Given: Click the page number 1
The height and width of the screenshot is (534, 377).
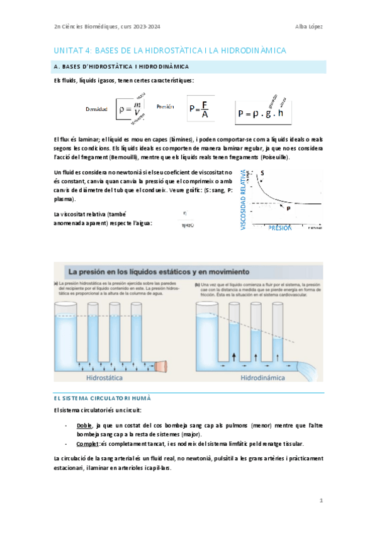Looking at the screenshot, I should click(320, 501).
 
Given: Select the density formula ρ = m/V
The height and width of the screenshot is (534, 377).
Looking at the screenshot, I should click(130, 110).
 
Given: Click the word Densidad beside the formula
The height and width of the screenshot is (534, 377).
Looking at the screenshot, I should click(96, 109).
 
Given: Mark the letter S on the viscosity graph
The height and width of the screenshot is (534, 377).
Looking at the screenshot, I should click(262, 173).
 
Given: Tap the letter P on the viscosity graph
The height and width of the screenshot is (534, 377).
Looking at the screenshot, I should click(288, 208).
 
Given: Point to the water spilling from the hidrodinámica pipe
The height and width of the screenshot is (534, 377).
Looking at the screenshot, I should click(311, 370).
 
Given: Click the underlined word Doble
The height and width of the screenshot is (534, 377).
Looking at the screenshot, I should click(84, 426).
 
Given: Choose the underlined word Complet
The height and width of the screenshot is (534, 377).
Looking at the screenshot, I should click(87, 444).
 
